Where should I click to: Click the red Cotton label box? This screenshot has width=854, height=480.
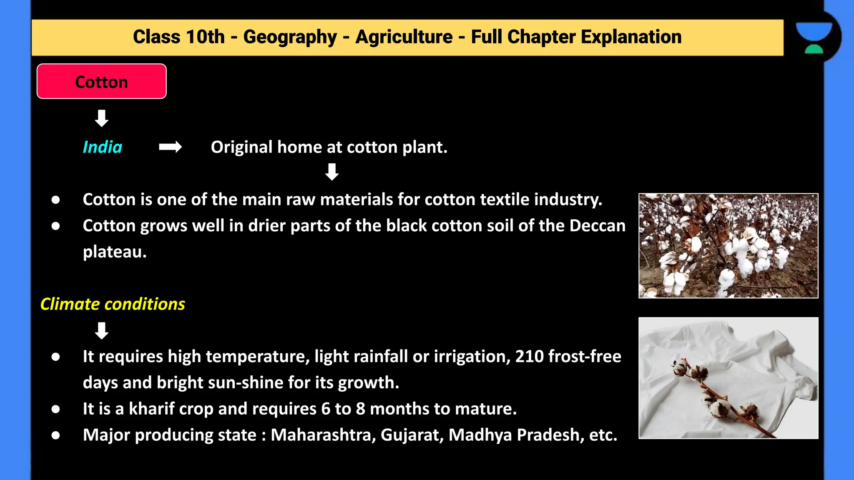pyautogui.click(x=102, y=82)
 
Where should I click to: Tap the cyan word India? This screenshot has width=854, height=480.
pyautogui.click(x=102, y=147)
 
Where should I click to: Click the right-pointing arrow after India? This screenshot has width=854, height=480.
pyautogui.click(x=170, y=147)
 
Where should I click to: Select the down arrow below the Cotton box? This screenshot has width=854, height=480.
pyautogui.click(x=102, y=118)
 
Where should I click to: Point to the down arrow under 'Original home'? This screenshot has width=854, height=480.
pyautogui.click(x=332, y=172)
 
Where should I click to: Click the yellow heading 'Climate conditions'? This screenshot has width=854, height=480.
pyautogui.click(x=113, y=304)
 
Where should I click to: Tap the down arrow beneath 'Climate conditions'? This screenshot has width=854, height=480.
pyautogui.click(x=102, y=331)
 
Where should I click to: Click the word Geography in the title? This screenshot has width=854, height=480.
pyautogui.click(x=290, y=37)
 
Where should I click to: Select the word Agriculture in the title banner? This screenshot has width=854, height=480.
pyautogui.click(x=404, y=37)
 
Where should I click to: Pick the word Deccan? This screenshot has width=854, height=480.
pyautogui.click(x=597, y=226)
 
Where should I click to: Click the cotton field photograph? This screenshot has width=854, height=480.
pyautogui.click(x=728, y=246)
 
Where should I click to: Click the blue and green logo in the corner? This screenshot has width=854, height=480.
pyautogui.click(x=814, y=37)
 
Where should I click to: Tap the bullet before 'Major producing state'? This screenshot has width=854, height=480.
pyautogui.click(x=55, y=435)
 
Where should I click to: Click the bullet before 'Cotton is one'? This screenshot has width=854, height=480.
pyautogui.click(x=55, y=200)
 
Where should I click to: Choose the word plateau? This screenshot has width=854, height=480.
pyautogui.click(x=115, y=252)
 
